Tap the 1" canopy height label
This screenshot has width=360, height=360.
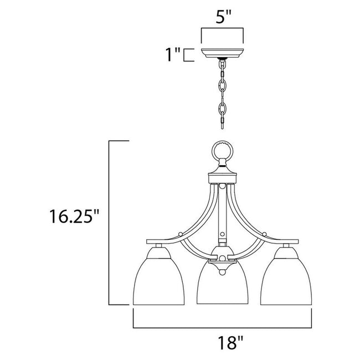point(171,54)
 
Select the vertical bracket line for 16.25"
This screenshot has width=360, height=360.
point(110,222)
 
